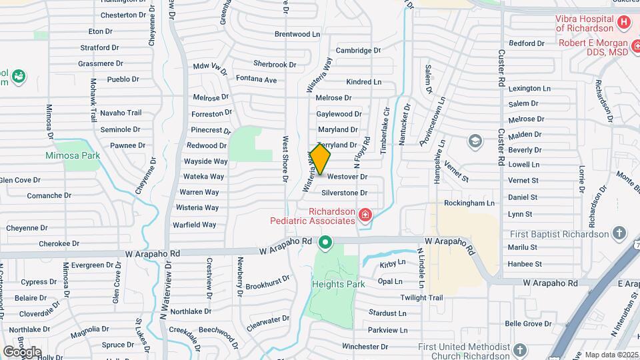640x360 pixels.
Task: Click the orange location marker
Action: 320,159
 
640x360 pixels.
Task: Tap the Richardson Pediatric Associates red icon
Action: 365,215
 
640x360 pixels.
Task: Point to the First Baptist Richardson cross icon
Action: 620,233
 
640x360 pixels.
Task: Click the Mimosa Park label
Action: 72,155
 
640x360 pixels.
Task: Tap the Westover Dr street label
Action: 347,177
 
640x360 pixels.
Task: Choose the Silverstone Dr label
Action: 344,193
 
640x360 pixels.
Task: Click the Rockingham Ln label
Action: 469,203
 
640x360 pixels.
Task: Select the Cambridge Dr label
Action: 358,50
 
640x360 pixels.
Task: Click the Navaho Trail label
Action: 121,113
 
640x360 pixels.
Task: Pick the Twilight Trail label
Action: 421,297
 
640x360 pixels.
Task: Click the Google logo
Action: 22,352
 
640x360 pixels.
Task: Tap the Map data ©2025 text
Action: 611,355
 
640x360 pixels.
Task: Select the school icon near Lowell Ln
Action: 475,141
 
